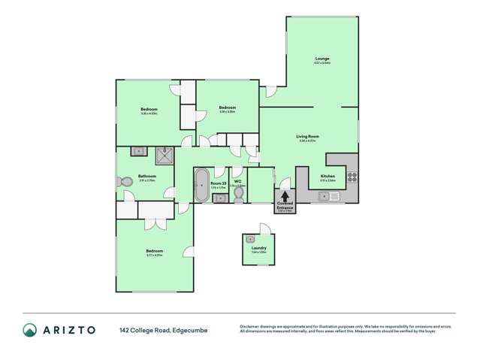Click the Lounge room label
pos(322,59)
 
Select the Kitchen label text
pos(328,176)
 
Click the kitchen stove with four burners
pos(351,178)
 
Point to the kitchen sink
pos(328,196)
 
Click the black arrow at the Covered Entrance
pos(285,196)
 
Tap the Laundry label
pos(258,247)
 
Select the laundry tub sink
pos(250,239)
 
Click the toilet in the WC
pos(238,195)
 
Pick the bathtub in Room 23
pos(201,185)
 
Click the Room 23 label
pos(219,183)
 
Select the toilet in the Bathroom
pos(123,182)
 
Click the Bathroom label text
pos(146,177)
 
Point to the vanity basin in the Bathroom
pos(138,151)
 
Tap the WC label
pos(237,181)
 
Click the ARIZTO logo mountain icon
pos(29,329)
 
